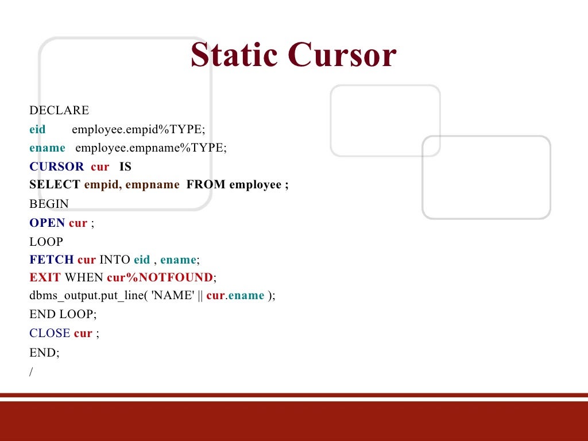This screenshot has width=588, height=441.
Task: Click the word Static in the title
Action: (235, 55)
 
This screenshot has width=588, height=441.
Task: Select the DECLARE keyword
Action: (59, 110)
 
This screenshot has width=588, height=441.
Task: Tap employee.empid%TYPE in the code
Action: (138, 129)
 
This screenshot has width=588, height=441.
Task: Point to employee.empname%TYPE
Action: (151, 148)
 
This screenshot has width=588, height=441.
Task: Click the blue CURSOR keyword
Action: (56, 167)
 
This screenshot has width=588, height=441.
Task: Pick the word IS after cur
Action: (125, 167)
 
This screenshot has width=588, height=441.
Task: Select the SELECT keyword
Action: (55, 185)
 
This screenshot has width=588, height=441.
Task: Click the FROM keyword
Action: (206, 185)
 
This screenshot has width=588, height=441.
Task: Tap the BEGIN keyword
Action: (49, 204)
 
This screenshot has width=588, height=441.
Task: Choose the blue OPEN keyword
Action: (47, 223)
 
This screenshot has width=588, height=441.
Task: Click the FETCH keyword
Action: (52, 260)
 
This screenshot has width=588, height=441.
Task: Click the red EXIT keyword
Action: (45, 278)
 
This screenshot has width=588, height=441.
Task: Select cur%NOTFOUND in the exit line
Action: (160, 278)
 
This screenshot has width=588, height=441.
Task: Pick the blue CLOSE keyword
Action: (49, 333)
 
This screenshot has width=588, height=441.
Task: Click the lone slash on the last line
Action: (32, 372)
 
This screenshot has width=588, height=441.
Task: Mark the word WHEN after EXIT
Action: (84, 278)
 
